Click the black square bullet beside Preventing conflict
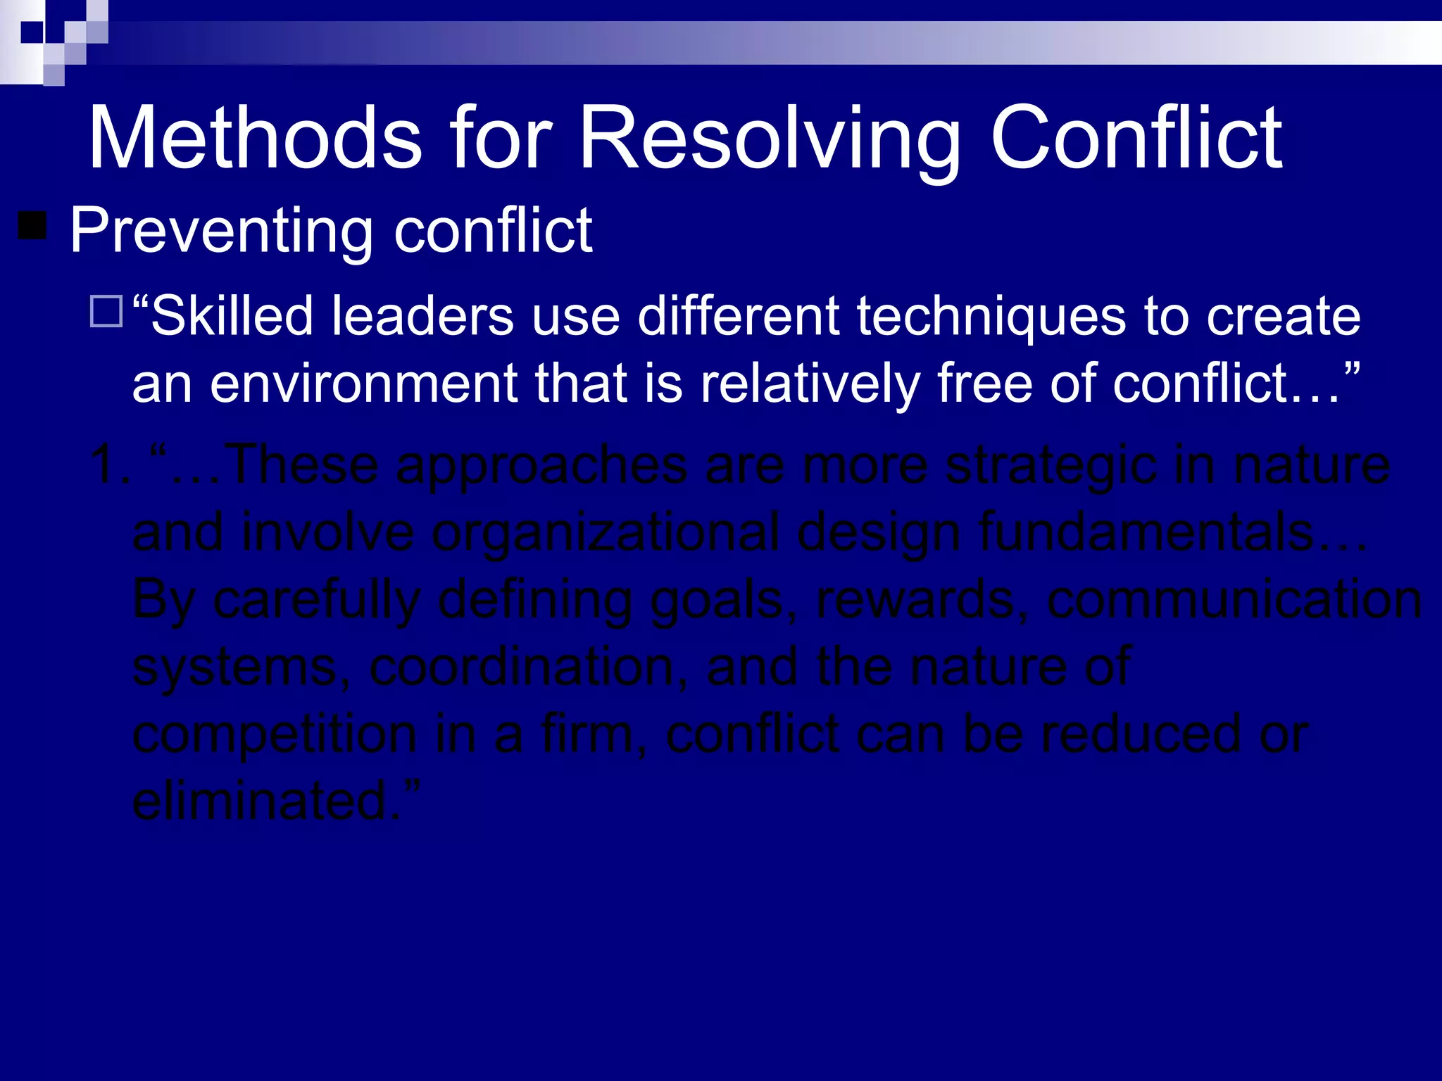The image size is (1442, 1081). pos(32,226)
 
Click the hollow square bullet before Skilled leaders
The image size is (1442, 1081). pos(106,312)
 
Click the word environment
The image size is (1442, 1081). pos(363,384)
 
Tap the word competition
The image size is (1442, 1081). pos(275,735)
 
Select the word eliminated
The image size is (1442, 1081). pos(268,801)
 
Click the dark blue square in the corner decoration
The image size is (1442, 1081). pos(31,32)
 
